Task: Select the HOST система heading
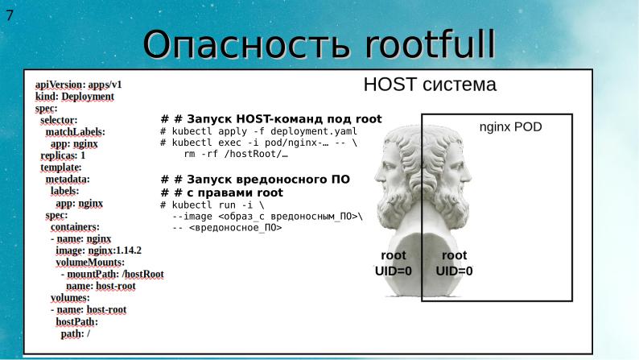coord(430,85)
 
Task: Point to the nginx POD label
coord(511,128)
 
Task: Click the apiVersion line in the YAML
coord(78,84)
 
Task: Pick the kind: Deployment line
coord(75,96)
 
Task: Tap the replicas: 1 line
coord(63,155)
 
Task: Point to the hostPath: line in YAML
coord(76,321)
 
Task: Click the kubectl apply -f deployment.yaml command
coord(258,131)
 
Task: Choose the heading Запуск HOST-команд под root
coord(271,119)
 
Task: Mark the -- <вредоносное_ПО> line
coord(227,228)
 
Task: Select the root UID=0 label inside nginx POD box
coord(455,263)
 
